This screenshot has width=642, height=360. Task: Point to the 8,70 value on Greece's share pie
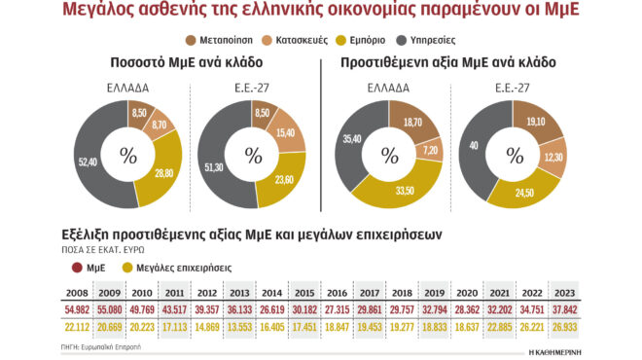click(161, 126)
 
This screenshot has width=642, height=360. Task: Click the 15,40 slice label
click(284, 131)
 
